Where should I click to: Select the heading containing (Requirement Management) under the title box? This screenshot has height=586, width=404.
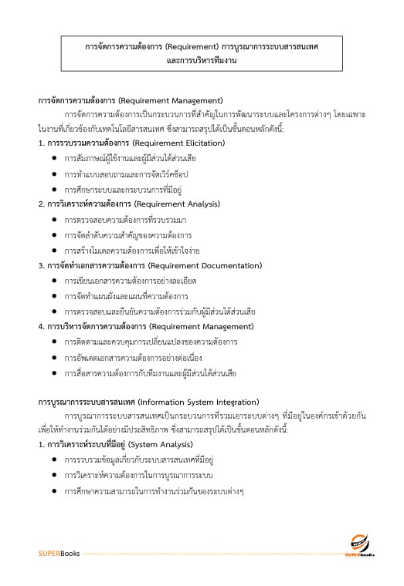click(131, 100)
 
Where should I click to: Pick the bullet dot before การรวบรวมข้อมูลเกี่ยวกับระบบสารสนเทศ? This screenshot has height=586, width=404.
click(54, 460)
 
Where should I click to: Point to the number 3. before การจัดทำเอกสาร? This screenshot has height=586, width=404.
click(42, 265)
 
